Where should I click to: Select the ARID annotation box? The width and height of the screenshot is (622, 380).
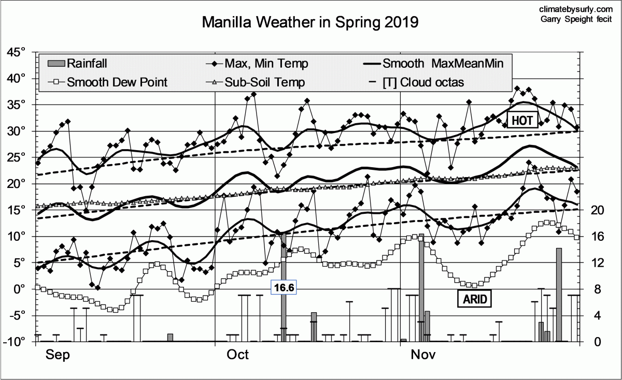click(474, 298)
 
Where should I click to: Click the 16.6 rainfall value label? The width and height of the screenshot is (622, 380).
click(283, 287)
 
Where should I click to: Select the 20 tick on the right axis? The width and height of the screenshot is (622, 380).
click(597, 210)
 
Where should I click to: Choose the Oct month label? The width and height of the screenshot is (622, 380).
click(238, 355)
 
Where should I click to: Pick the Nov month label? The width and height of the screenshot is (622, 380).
click(423, 355)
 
